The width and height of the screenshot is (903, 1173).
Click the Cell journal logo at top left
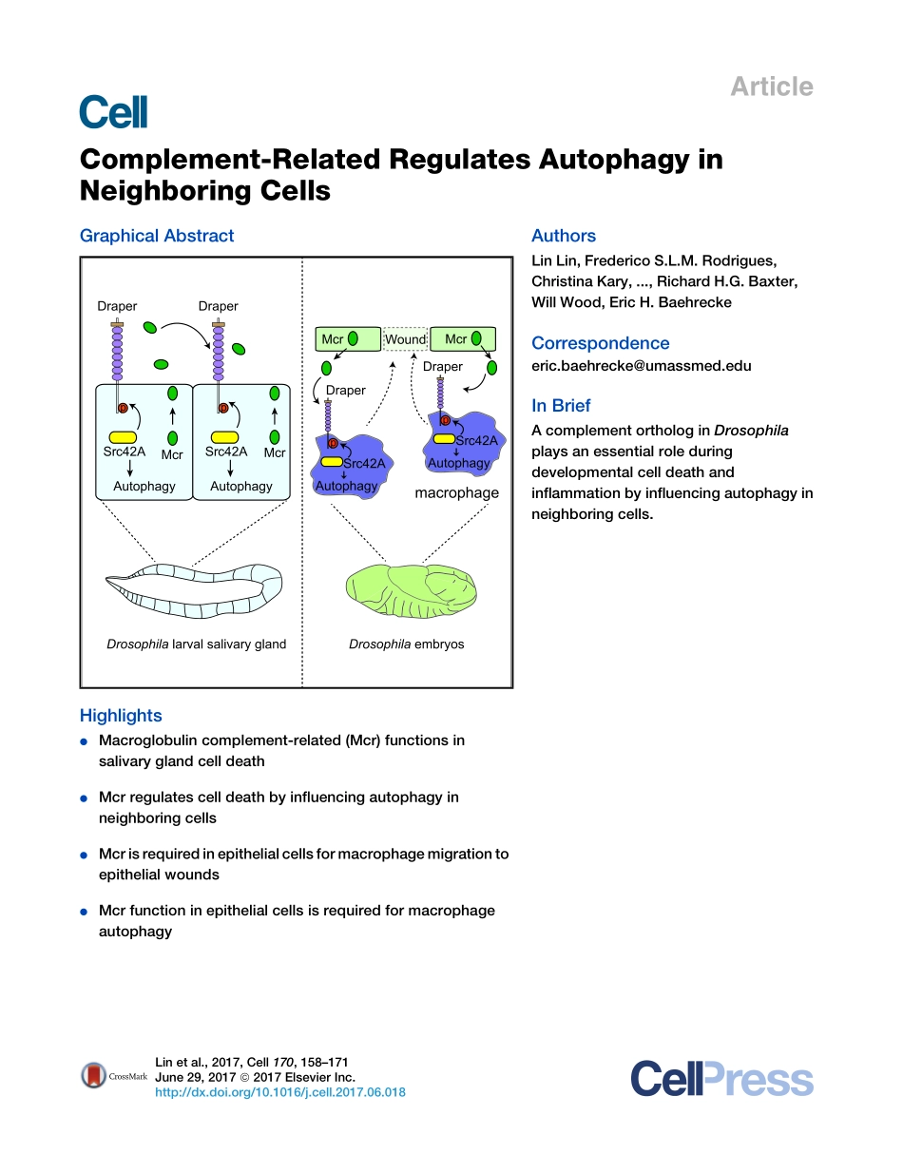point(114,111)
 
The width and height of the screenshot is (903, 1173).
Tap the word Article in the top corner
point(771,87)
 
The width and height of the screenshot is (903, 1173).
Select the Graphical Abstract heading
point(157,236)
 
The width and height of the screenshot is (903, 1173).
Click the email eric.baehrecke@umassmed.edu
point(642,365)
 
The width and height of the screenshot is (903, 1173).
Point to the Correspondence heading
point(600,343)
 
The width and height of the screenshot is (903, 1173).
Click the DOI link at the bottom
point(280,1092)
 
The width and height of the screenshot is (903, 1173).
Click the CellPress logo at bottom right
point(721,1080)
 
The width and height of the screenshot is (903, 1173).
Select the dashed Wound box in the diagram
point(405,339)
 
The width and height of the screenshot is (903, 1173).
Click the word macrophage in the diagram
point(456,493)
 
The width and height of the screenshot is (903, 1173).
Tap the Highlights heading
point(121,716)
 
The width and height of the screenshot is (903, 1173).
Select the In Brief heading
point(561,406)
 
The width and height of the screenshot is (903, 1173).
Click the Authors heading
point(564,236)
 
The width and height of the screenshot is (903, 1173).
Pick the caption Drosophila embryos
point(406,644)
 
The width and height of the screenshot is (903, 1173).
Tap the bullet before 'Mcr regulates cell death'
point(85,798)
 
